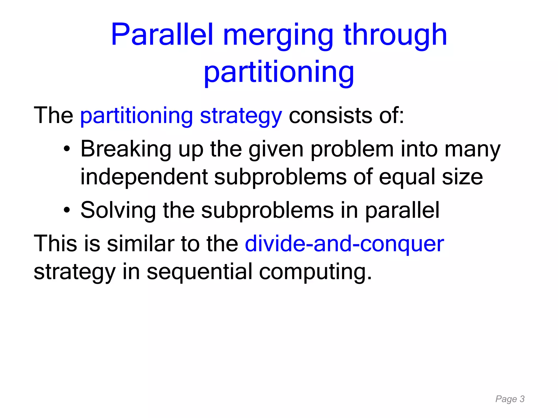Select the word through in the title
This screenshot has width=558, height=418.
click(395, 35)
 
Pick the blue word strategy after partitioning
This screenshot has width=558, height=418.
click(241, 116)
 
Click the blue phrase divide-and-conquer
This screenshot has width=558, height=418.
click(344, 244)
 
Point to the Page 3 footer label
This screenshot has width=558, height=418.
click(510, 399)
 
